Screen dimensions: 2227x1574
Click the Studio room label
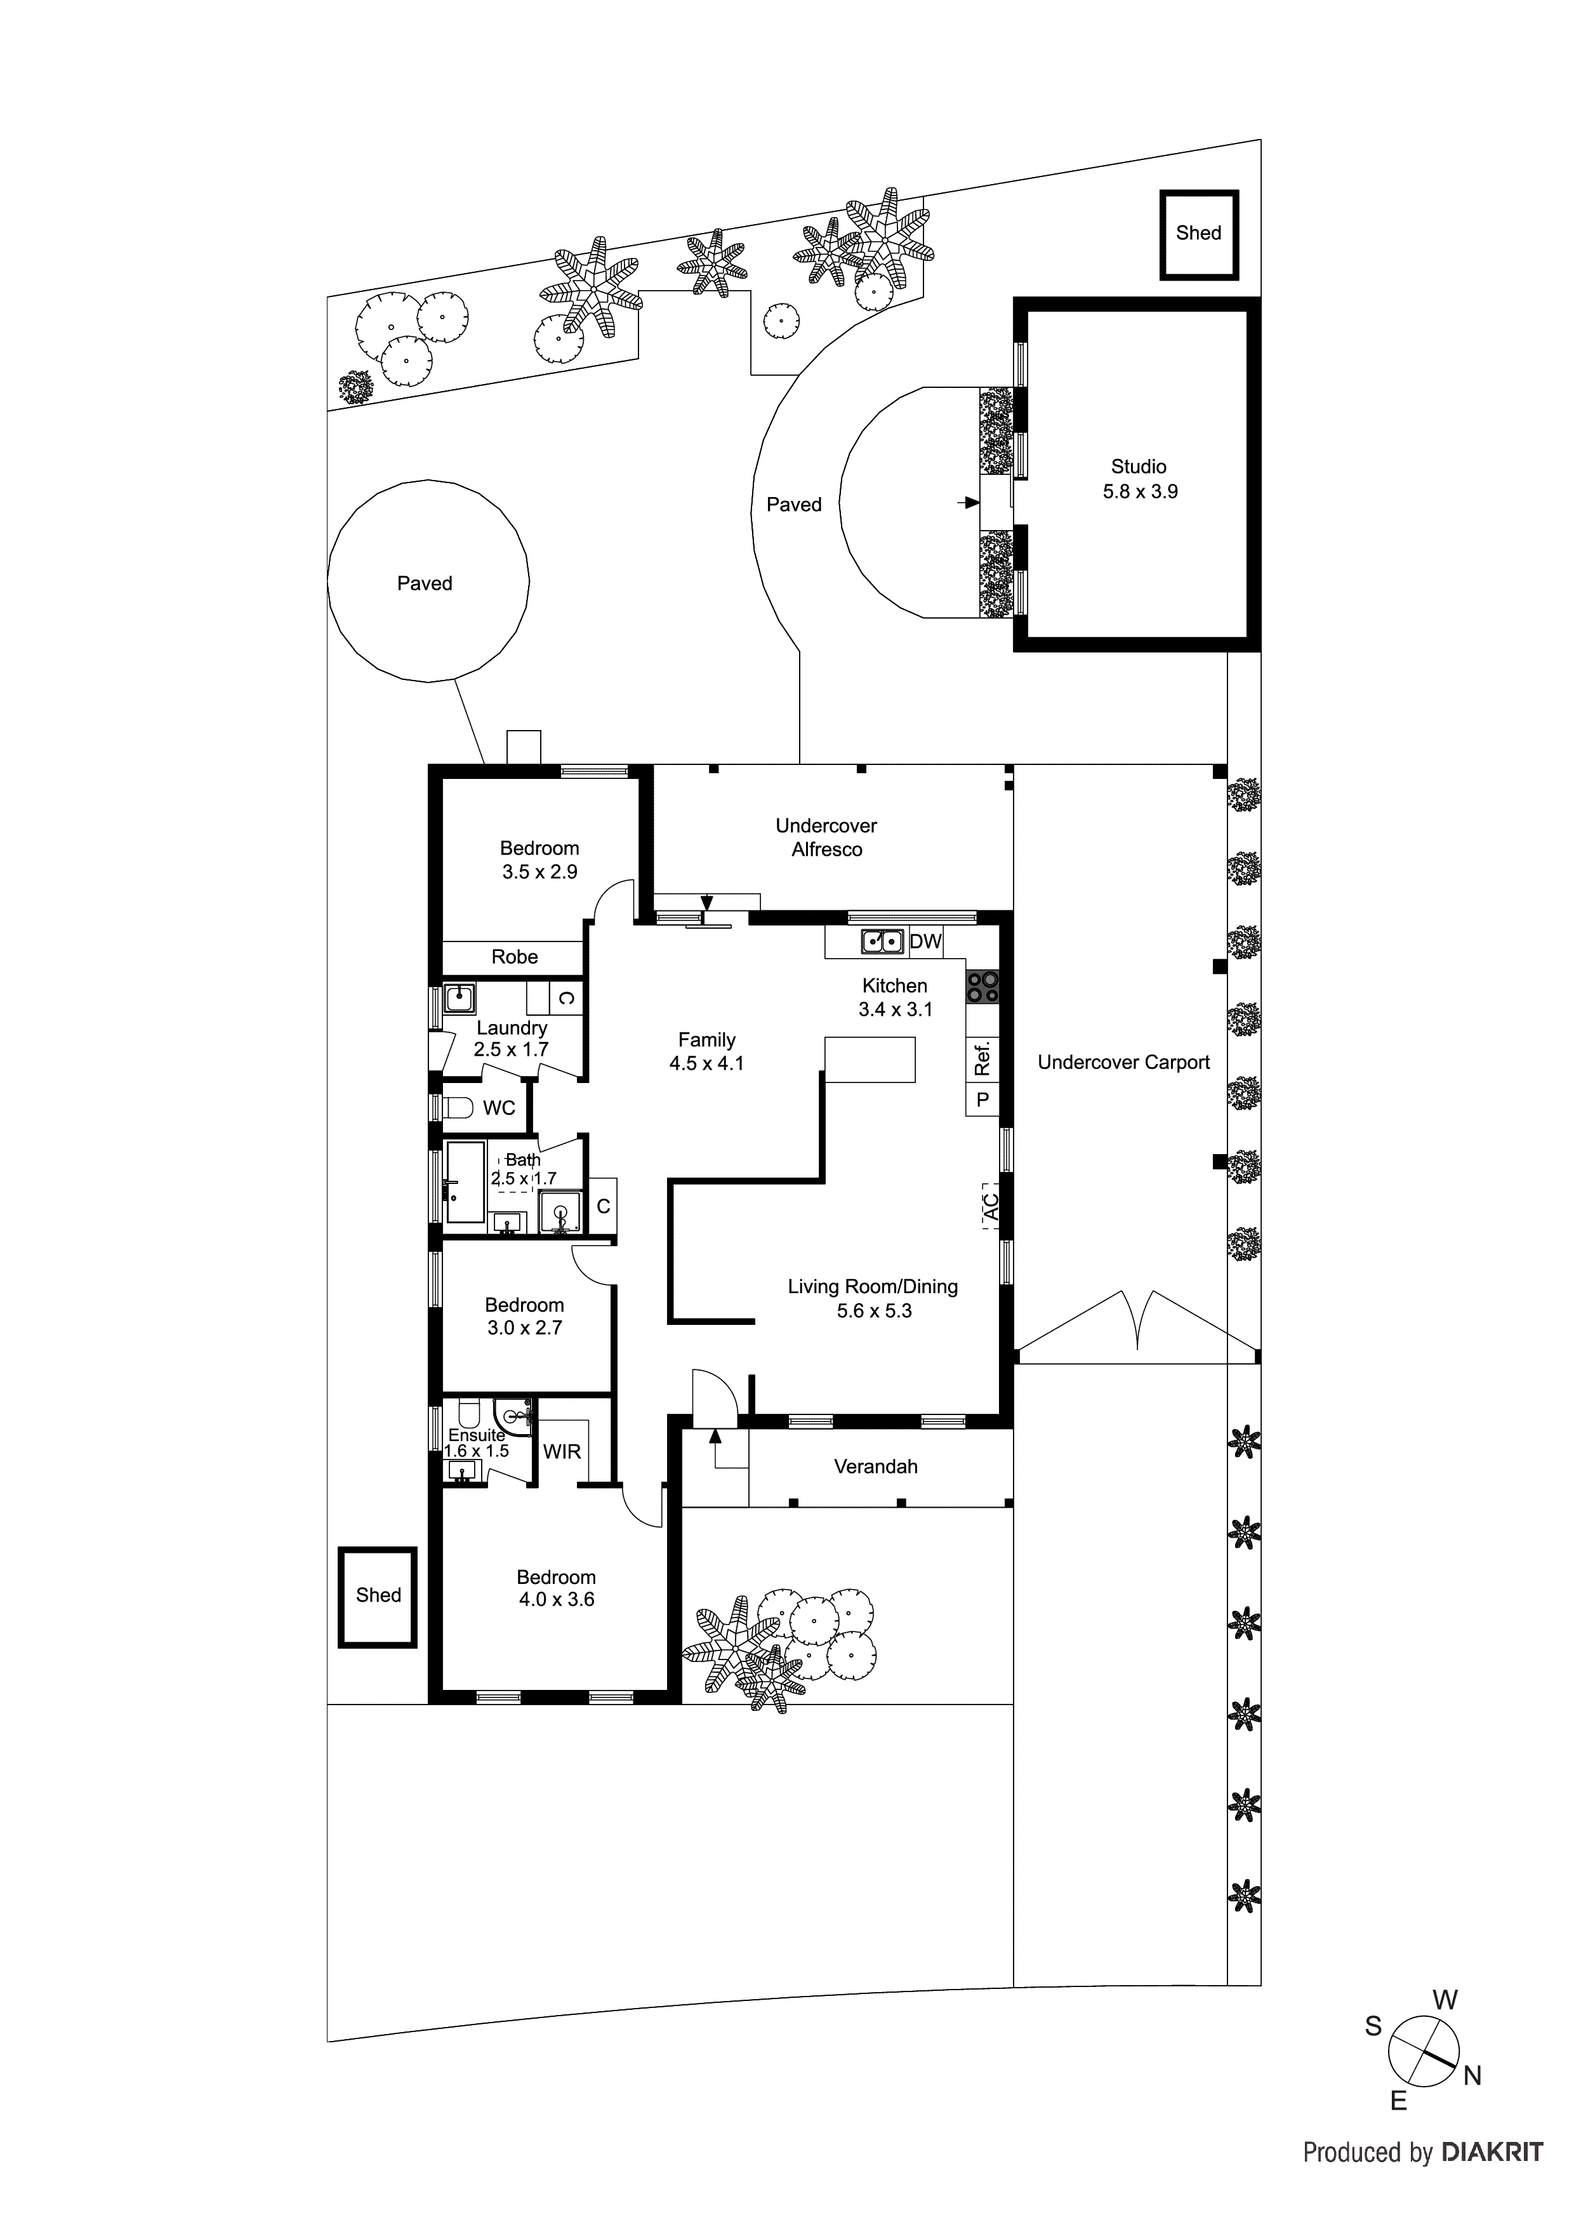pyautogui.click(x=1139, y=467)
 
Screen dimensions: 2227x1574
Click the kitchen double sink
pyautogui.click(x=882, y=941)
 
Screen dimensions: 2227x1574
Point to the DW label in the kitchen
pyautogui.click(x=925, y=941)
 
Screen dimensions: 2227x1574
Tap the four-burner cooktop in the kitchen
pyautogui.click(x=982, y=987)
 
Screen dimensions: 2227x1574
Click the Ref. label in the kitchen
pyautogui.click(x=982, y=1058)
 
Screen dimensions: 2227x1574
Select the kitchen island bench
pyautogui.click(x=870, y=1059)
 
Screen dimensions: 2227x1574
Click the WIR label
pyautogui.click(x=562, y=1452)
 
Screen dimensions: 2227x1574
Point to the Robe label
pyautogui.click(x=514, y=957)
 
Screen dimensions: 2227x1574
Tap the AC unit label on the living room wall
pyautogui.click(x=990, y=1207)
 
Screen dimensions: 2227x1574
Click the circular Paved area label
pyautogui.click(x=425, y=584)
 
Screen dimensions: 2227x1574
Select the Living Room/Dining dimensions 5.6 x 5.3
pyautogui.click(x=874, y=1312)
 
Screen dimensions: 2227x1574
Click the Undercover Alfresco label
pyautogui.click(x=826, y=837)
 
